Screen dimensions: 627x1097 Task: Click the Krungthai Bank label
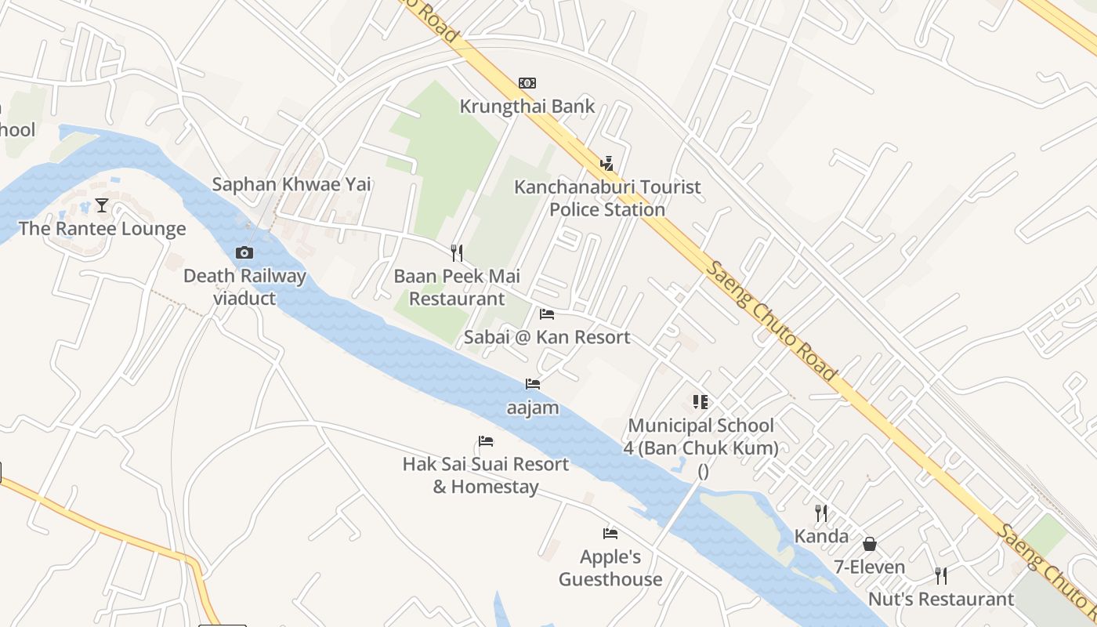(527, 106)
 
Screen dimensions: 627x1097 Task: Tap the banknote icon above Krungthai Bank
(527, 83)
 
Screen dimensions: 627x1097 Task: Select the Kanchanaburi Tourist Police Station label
(607, 198)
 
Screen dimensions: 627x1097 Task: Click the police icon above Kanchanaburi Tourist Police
(606, 163)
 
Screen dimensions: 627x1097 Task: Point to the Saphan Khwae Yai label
(291, 185)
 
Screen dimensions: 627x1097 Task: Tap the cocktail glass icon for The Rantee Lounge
(102, 205)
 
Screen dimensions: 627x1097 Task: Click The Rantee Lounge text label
(102, 229)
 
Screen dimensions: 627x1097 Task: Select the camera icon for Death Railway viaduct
(244, 252)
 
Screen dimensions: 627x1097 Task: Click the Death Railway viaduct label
(244, 287)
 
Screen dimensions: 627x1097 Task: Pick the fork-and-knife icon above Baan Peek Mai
(457, 252)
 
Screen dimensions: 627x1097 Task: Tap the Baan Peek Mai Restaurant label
(457, 288)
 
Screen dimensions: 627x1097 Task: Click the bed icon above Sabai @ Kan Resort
(547, 314)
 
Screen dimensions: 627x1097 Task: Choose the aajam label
(533, 408)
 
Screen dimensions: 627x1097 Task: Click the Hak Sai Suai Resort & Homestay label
(486, 475)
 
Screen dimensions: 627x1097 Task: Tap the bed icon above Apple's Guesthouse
(610, 534)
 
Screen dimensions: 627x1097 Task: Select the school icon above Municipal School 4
(701, 402)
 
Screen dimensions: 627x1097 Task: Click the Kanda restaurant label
(821, 536)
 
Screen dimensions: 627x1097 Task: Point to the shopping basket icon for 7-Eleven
(869, 544)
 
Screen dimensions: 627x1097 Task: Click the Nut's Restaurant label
(941, 600)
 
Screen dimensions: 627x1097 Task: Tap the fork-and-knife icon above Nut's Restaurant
(941, 576)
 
